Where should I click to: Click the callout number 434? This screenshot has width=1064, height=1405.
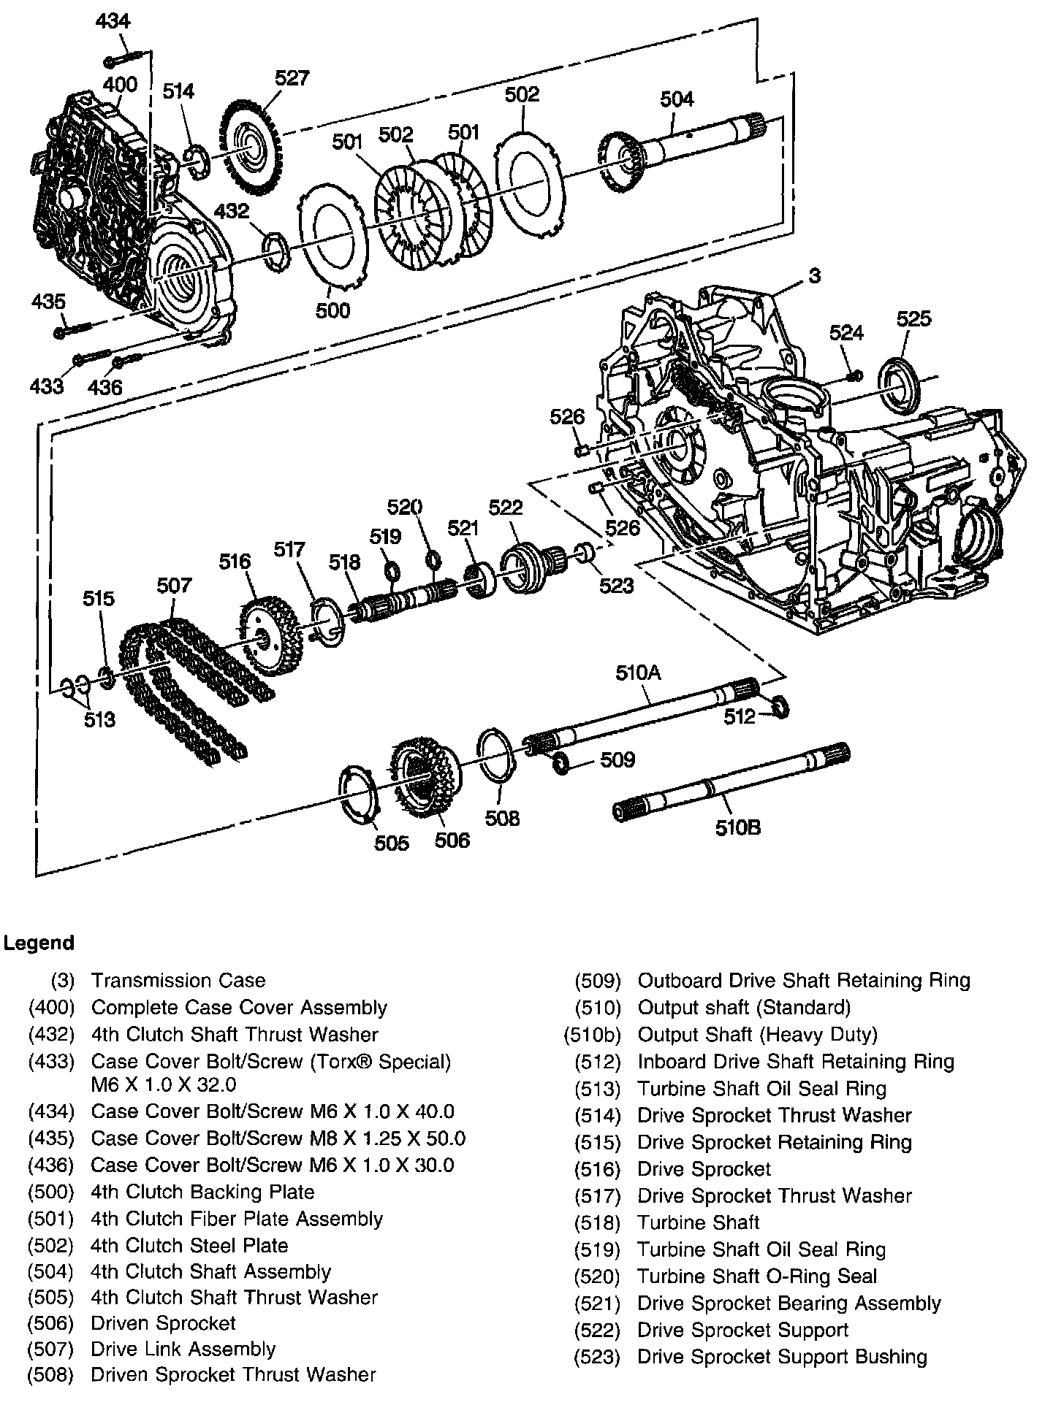tap(113, 22)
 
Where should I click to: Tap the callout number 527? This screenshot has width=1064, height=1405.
tap(292, 78)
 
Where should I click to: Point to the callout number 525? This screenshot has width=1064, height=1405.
tap(913, 318)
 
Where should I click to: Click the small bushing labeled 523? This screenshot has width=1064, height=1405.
tap(585, 553)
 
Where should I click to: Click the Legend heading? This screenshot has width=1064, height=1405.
tap(39, 943)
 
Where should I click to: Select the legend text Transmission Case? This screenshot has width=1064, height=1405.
tap(178, 981)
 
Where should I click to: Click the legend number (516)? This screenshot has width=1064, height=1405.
tap(597, 1169)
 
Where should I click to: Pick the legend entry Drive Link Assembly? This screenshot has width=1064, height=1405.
tap(183, 1349)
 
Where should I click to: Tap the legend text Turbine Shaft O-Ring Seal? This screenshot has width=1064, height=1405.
tap(757, 1276)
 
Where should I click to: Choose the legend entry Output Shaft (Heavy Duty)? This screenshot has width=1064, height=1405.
tap(757, 1035)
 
